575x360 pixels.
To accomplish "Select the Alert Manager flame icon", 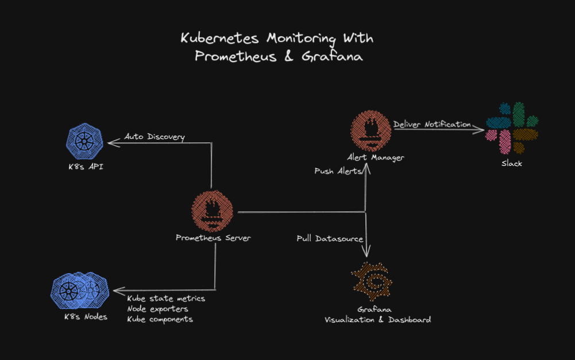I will click(371, 131).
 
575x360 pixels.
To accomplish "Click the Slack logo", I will click(512, 127).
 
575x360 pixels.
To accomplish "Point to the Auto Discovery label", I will click(155, 137).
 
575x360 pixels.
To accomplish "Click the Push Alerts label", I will click(338, 171).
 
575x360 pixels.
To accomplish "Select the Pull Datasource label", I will click(330, 238).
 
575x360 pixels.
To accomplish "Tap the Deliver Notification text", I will click(432, 124).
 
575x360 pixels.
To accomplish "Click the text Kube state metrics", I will click(166, 299).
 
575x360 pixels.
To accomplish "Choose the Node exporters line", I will click(157, 309).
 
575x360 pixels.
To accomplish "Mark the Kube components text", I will click(160, 319).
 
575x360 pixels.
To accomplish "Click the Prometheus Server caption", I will click(213, 238).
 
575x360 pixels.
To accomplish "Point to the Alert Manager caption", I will click(375, 157).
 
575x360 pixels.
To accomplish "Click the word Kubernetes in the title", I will click(221, 38).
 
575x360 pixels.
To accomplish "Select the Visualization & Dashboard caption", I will click(377, 320).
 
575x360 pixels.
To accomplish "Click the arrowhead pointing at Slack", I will click(480, 130).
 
